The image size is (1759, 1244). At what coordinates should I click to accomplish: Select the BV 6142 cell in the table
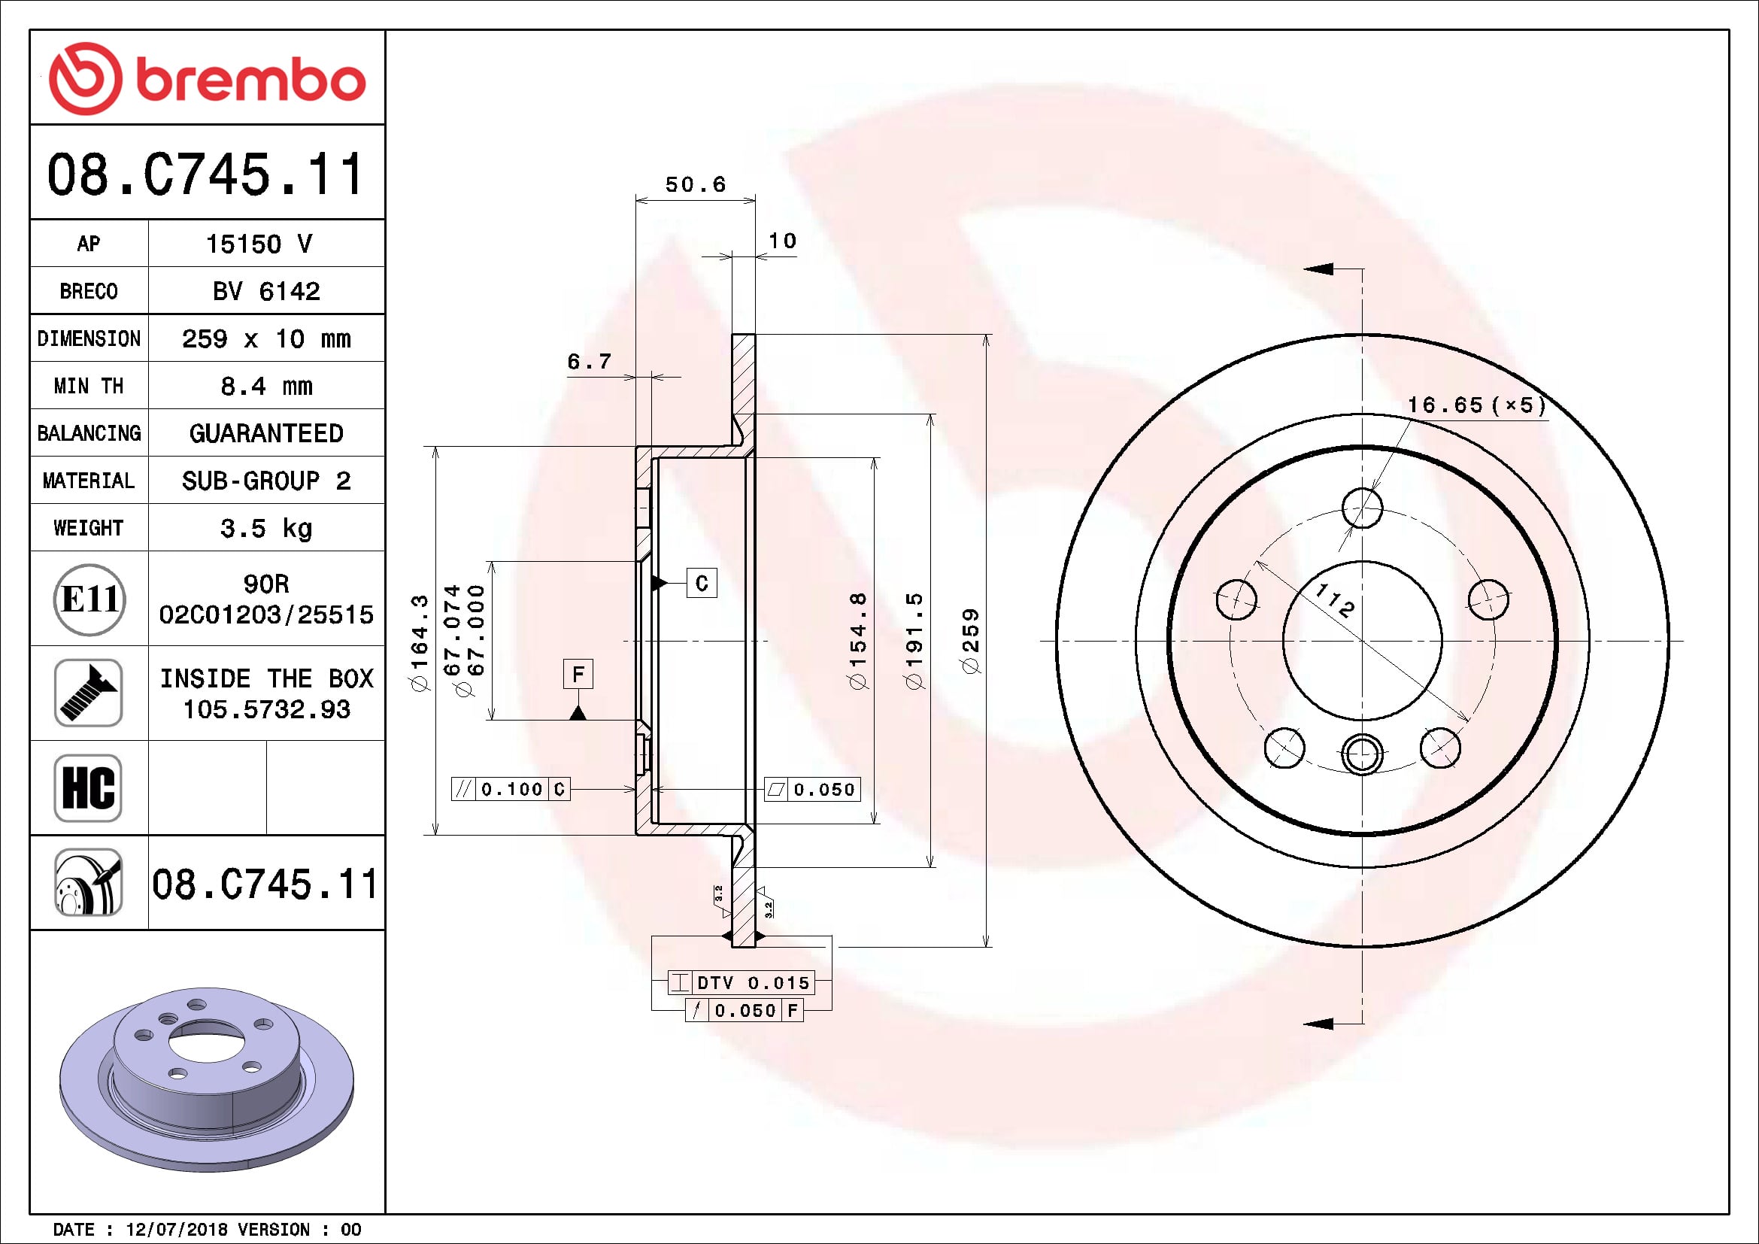tap(265, 291)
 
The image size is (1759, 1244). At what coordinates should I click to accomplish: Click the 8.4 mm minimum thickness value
tap(265, 386)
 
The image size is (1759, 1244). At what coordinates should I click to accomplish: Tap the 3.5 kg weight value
tap(265, 529)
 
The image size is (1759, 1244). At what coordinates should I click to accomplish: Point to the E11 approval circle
tap(89, 599)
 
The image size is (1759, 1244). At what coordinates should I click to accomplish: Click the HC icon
tap(88, 787)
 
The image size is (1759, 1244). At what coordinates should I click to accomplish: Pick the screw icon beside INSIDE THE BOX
tap(88, 693)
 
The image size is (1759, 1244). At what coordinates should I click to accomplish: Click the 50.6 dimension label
tap(695, 184)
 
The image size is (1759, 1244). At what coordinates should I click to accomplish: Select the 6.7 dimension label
tap(588, 361)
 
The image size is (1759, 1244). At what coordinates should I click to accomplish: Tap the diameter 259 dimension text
tap(971, 640)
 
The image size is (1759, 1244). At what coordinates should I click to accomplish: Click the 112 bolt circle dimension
tap(1335, 599)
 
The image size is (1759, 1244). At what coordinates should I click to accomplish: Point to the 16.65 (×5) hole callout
tap(1475, 405)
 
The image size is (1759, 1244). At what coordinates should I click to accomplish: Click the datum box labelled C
tap(702, 584)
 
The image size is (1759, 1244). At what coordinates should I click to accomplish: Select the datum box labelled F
tap(578, 674)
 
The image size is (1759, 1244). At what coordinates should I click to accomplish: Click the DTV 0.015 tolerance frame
tap(741, 982)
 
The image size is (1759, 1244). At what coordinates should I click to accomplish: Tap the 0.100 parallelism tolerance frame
tap(510, 789)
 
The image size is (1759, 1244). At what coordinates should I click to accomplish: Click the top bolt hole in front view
tap(1362, 508)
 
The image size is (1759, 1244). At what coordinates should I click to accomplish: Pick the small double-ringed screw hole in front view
tap(1362, 754)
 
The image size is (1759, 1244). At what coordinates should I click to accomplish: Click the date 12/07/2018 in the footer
tap(176, 1230)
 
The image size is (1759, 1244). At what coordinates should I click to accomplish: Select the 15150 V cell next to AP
tap(265, 244)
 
